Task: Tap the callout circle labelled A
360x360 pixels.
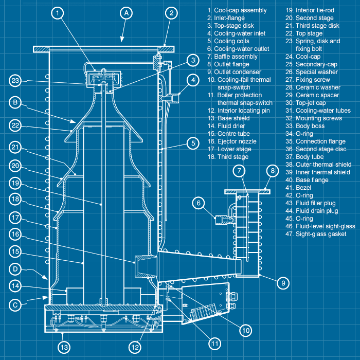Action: coord(125,13)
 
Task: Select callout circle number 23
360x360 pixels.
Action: coord(16,81)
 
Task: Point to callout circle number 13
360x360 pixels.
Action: coord(63,347)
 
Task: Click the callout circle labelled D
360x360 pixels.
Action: coord(16,268)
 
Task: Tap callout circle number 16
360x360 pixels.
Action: coord(16,234)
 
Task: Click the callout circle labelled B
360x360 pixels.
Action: coord(16,102)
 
